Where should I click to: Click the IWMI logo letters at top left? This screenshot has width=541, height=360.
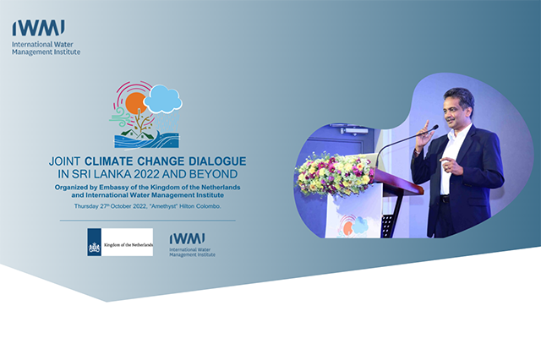[x=38, y=28]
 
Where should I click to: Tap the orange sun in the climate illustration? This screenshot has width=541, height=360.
[x=135, y=103]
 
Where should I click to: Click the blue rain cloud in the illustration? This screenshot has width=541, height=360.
[x=163, y=99]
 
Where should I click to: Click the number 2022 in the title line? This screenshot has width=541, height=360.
[x=146, y=174]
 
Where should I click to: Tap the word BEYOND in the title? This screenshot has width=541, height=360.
[x=213, y=174]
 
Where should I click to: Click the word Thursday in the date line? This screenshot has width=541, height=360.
[x=85, y=206]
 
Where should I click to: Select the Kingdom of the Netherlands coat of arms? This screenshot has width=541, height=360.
[x=94, y=248]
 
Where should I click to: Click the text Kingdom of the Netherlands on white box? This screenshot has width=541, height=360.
[x=128, y=245]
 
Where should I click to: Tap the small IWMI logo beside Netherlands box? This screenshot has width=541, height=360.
[x=192, y=245]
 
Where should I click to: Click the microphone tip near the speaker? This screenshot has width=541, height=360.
[x=436, y=128]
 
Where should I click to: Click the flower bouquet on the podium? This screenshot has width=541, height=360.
[x=334, y=174]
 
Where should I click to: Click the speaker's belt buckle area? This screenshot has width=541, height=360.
[x=445, y=199]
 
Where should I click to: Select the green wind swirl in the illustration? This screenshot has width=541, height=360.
[x=121, y=116]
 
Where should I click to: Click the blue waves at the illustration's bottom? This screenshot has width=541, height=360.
[x=146, y=140]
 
